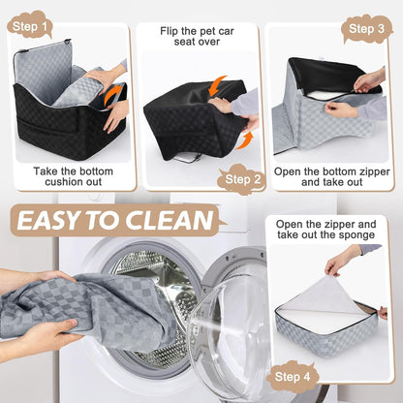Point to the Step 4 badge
(x=294, y=375)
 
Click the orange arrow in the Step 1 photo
(x=114, y=93)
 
